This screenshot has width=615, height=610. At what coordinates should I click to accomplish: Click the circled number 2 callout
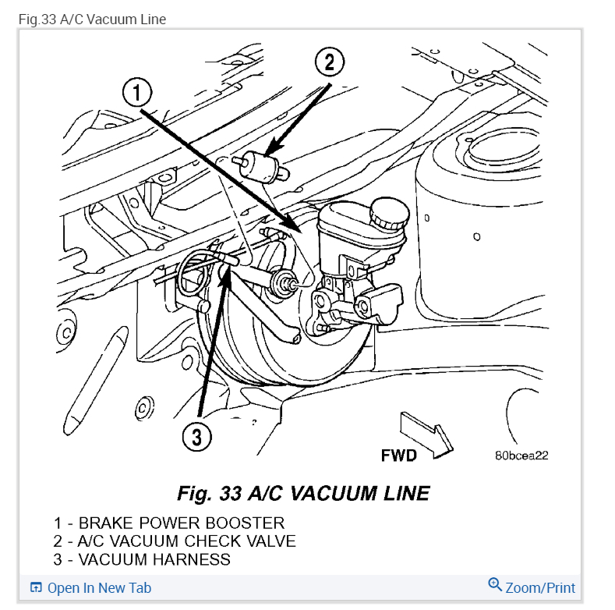coord(329,62)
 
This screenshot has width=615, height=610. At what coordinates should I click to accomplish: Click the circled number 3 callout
coord(196,438)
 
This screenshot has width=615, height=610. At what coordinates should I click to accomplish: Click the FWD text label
coord(398,455)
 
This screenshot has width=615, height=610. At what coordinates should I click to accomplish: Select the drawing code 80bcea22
coord(521,455)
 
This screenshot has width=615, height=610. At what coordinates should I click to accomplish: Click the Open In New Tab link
coord(99,588)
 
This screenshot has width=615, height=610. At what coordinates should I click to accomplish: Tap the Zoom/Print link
coord(540,587)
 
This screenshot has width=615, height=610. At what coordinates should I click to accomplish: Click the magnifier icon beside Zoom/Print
coord(494,585)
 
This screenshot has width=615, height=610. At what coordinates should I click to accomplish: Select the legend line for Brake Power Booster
coord(169,523)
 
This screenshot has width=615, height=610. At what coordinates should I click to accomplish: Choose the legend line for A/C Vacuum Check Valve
coord(175,541)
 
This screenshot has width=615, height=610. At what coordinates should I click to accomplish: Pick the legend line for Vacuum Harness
coord(142,559)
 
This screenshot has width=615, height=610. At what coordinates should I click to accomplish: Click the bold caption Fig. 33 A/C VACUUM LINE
coord(303,493)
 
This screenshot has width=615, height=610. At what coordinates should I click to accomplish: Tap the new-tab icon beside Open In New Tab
coord(36,588)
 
